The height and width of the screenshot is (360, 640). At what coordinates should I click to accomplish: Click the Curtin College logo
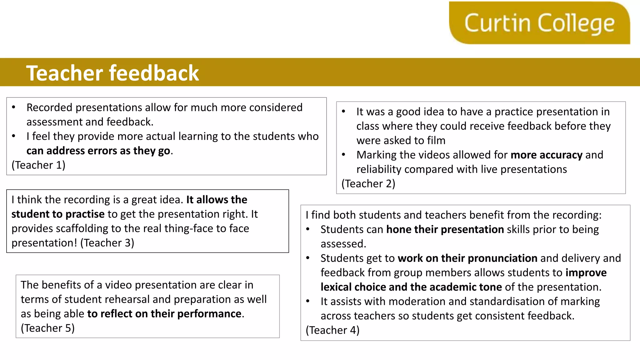(x=539, y=23)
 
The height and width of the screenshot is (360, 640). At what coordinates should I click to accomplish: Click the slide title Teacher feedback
(x=112, y=73)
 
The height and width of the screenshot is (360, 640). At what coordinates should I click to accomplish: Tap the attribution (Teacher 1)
(x=38, y=165)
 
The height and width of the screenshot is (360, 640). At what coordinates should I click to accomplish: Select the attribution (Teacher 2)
(x=368, y=183)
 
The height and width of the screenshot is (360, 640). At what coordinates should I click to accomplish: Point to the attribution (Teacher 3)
(x=107, y=243)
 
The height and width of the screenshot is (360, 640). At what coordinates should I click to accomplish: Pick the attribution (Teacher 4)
(x=332, y=330)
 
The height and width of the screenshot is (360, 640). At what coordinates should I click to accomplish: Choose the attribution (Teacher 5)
(x=47, y=328)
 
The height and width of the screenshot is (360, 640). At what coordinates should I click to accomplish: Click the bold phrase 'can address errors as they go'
(x=98, y=151)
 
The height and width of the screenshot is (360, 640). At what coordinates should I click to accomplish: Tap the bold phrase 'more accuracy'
(x=547, y=155)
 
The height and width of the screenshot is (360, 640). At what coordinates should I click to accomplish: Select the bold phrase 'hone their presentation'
(x=445, y=229)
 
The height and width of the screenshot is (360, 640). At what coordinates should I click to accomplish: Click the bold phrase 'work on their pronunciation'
(x=467, y=258)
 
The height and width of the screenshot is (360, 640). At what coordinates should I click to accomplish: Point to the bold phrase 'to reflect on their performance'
(x=164, y=314)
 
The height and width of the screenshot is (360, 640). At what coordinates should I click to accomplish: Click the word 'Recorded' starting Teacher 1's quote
(x=49, y=107)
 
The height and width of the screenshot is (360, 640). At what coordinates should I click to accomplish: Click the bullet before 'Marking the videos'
(x=343, y=155)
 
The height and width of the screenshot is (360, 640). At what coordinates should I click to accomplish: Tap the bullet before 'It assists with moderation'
(x=308, y=301)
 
